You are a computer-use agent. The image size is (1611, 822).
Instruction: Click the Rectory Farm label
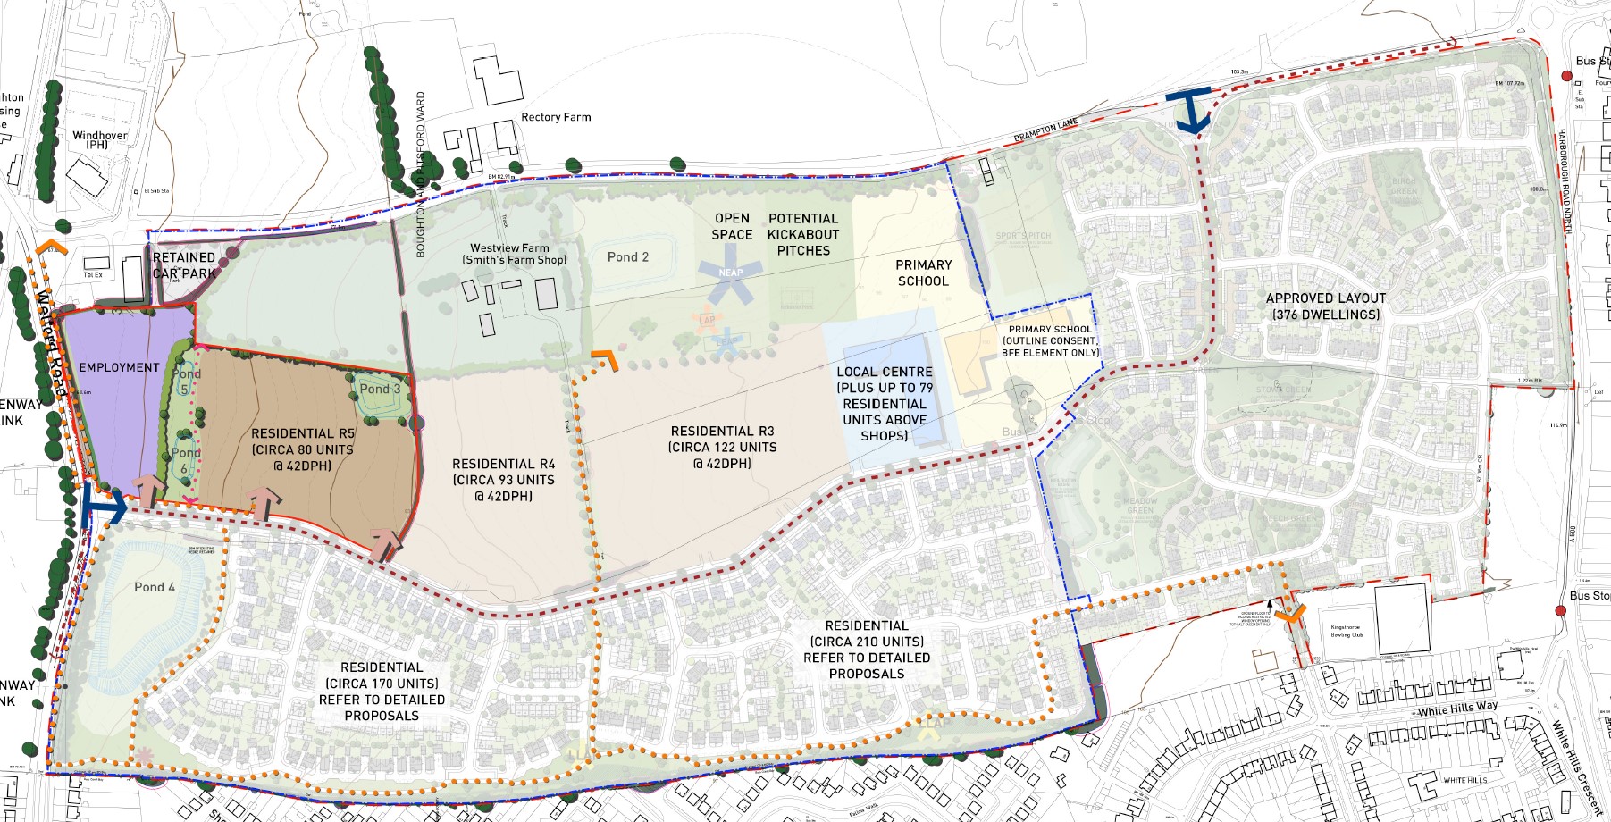coord(556,117)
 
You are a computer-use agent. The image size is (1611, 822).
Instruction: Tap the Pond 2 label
coord(628,257)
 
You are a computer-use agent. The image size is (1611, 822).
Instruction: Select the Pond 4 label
coord(155,587)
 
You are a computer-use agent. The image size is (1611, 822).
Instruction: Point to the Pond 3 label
coord(380,389)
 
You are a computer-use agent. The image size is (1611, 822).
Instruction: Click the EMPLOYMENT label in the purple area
coord(119,367)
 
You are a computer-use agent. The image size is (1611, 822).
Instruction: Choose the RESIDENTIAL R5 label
coord(303,449)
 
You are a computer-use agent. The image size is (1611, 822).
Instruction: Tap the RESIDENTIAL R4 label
coord(503,480)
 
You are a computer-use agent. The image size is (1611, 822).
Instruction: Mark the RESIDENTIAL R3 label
coord(722,447)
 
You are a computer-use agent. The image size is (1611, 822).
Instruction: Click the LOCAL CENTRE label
coord(885,403)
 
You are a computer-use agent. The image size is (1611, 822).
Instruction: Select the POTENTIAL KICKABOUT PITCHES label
coord(803,234)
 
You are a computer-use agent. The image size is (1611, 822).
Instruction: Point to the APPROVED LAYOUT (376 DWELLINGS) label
coord(1326,306)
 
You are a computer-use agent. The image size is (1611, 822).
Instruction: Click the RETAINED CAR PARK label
coord(184,265)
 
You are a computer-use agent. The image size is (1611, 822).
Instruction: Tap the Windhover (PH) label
coord(99,140)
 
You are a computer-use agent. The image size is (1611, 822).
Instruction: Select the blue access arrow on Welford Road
coord(102,507)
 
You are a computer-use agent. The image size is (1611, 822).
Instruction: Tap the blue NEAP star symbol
coord(730,272)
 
